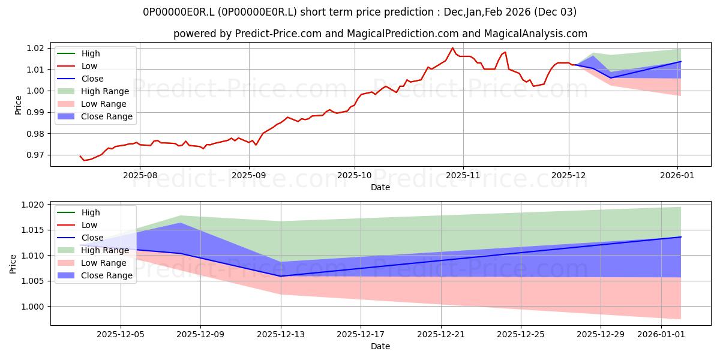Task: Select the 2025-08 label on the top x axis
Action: (x=140, y=175)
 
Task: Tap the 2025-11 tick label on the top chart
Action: (x=463, y=175)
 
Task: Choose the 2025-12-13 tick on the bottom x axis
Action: (x=281, y=334)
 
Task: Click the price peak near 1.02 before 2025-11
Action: (x=452, y=48)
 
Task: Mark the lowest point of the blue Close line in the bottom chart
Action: (x=281, y=276)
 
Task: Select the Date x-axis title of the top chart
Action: (x=380, y=187)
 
